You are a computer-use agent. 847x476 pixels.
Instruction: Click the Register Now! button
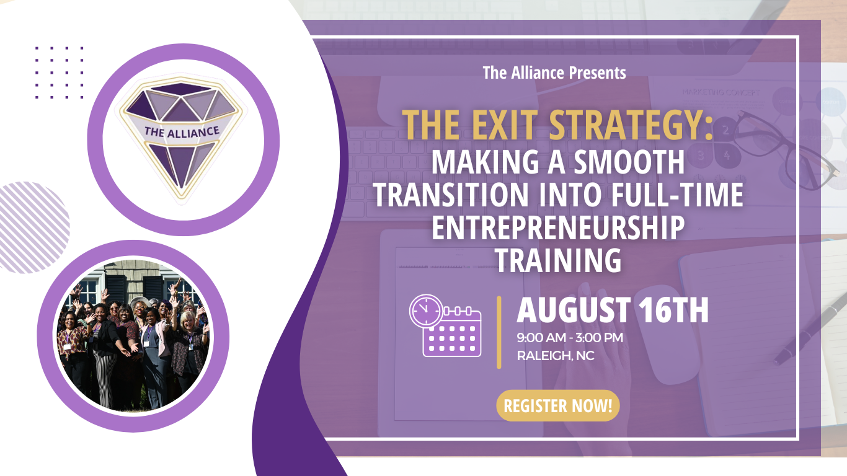click(557, 406)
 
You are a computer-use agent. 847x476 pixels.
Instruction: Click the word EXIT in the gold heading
click(505, 125)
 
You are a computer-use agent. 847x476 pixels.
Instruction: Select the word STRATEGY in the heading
click(631, 125)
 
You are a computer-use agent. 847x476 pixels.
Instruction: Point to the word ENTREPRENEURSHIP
click(557, 227)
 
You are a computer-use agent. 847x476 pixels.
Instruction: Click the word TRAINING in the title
click(558, 260)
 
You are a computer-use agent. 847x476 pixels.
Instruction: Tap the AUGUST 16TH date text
click(612, 310)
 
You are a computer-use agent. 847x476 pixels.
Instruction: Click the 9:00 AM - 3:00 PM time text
click(570, 338)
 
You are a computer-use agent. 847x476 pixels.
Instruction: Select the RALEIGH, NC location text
click(556, 356)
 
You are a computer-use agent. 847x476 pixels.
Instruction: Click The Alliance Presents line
click(554, 73)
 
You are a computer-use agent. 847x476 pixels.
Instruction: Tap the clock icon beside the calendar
click(426, 311)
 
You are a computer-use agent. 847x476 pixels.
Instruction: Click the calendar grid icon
click(452, 333)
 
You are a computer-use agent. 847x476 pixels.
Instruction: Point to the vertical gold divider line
click(499, 332)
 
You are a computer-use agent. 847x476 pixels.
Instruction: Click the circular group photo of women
click(133, 336)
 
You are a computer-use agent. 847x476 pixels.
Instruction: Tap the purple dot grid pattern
click(60, 73)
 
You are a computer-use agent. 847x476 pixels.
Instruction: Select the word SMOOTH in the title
click(629, 162)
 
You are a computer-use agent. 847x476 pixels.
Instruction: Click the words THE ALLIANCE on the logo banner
click(182, 132)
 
